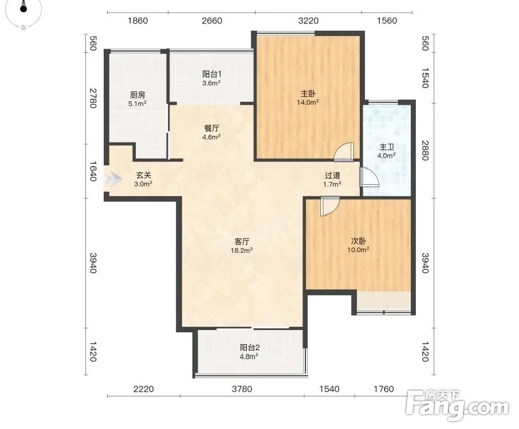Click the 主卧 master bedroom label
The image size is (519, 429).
(308, 94)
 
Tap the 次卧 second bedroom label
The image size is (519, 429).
(358, 241)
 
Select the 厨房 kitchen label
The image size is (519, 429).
(137, 95)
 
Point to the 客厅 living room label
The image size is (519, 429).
(242, 241)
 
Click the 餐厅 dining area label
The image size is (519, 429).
(211, 128)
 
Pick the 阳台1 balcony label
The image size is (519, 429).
(211, 74)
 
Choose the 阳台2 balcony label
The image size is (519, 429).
(250, 348)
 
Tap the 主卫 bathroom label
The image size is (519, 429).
(387, 147)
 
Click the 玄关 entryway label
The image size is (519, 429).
(143, 176)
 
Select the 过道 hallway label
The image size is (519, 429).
(332, 176)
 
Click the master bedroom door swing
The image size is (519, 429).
(344, 152)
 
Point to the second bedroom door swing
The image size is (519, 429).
(329, 206)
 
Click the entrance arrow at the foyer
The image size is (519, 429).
(114, 179)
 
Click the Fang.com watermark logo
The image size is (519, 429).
(458, 406)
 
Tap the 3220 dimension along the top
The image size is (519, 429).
(308, 21)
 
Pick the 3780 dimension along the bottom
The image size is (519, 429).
(242, 389)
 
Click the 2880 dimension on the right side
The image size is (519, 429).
(425, 150)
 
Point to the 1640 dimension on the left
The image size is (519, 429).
(93, 171)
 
